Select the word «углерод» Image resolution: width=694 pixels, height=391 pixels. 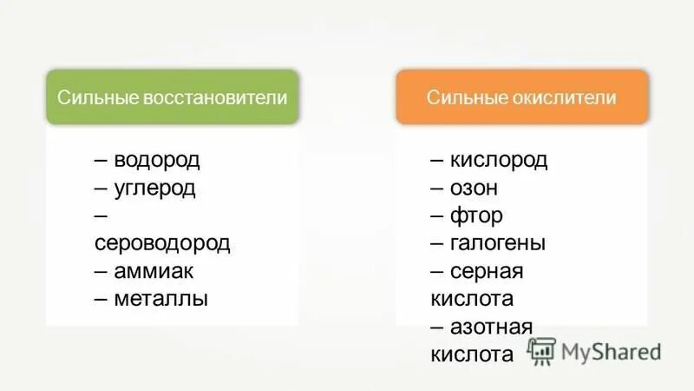pyautogui.click(x=154, y=189)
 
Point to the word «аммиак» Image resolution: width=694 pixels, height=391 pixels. pyautogui.click(x=154, y=271)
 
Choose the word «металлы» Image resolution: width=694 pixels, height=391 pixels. pyautogui.click(x=160, y=299)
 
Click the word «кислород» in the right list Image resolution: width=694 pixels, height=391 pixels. pyautogui.click(x=499, y=161)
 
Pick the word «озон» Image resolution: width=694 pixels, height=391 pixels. pyautogui.click(x=475, y=189)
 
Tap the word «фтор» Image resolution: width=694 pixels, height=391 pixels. pyautogui.click(x=476, y=215)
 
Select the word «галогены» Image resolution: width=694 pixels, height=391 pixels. pyautogui.click(x=498, y=243)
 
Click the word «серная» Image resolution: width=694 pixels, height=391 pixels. pyautogui.click(x=487, y=271)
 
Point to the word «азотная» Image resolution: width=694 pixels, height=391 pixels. pyautogui.click(x=491, y=327)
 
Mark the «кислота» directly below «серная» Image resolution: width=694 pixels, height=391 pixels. pyautogui.click(x=472, y=299)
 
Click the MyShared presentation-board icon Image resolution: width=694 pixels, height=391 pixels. pyautogui.click(x=541, y=350)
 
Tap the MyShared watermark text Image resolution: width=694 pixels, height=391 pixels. pyautogui.click(x=611, y=351)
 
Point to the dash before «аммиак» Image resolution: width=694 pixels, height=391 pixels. pyautogui.click(x=101, y=271)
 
